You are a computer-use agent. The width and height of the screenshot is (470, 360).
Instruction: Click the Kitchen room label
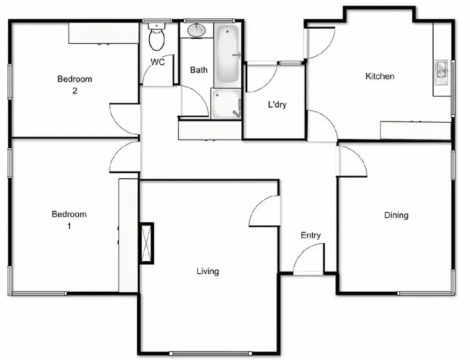point(380,76)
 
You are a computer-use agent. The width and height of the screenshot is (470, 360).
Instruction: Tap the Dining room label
point(396,215)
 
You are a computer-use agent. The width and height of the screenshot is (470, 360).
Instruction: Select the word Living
point(207,271)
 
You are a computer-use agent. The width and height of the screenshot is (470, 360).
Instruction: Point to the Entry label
point(311,235)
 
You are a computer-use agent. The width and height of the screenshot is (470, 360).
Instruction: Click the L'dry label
point(277,105)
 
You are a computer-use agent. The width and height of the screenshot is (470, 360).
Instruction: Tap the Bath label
point(199,70)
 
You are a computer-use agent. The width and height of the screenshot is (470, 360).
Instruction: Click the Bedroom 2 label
point(75,85)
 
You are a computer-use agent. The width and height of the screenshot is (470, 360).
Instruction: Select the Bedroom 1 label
point(69,219)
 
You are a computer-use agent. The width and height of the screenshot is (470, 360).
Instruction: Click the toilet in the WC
point(157,38)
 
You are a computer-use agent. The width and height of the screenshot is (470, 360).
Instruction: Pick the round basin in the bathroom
point(197,29)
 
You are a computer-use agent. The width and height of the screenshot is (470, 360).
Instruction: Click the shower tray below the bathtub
point(226,103)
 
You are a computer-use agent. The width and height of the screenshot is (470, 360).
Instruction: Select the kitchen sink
point(442,69)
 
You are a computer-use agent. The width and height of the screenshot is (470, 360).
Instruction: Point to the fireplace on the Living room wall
point(147,243)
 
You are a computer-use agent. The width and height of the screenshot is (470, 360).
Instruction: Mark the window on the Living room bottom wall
point(209,352)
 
